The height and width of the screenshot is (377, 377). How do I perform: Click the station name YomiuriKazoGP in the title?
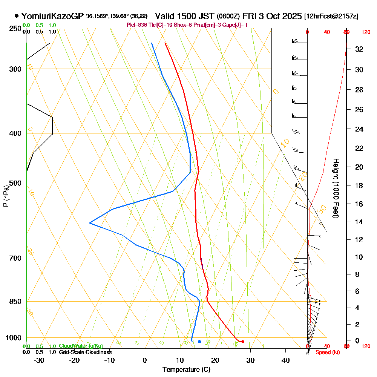coord(53,16)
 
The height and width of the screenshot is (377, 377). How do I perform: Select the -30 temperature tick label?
coord(39,360)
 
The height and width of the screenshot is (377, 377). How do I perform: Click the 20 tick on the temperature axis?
coord(215,360)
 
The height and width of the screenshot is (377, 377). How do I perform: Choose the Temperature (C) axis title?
coord(186,369)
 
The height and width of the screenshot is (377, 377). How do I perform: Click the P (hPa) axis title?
coord(6,196)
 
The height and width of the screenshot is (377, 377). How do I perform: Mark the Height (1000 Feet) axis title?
coord(335,188)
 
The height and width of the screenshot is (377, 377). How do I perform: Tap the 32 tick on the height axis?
coord(359,49)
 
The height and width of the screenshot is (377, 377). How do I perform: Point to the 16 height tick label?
coord(359,204)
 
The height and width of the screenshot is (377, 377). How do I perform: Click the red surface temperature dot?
coord(243,342)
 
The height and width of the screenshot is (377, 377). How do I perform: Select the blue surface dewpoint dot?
coord(199,342)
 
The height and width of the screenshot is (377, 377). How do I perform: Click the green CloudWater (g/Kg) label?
coord(81,346)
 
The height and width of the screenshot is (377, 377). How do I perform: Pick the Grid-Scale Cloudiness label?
coord(85,352)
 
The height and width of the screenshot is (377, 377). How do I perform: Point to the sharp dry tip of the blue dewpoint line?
coord(90,223)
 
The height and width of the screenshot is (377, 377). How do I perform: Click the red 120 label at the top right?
coord(366,32)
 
